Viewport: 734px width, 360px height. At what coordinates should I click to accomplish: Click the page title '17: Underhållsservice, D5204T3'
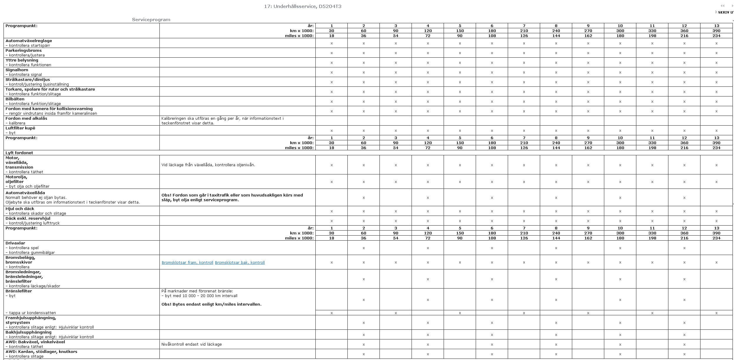(302, 6)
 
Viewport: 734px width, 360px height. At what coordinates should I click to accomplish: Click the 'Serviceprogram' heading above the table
(151, 20)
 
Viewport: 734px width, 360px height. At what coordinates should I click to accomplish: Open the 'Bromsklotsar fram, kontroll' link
(187, 262)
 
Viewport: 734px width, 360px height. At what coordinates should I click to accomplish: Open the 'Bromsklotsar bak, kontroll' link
(240, 262)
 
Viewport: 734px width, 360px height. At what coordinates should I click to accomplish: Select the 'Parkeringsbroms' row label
(24, 50)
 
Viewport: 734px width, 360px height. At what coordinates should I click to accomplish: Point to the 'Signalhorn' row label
(17, 70)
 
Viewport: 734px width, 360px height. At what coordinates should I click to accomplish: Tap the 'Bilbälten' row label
(15, 99)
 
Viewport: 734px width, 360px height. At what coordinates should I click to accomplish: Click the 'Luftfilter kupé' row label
(20, 128)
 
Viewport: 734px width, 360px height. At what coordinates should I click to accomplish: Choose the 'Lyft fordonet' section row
(19, 153)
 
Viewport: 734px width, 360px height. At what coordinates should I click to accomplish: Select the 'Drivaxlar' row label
(15, 243)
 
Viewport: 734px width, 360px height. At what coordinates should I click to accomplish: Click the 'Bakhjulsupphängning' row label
(29, 332)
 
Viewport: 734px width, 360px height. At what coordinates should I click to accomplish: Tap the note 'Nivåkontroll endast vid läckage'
(192, 344)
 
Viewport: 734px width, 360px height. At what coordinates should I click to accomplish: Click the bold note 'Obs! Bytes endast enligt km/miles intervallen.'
(211, 304)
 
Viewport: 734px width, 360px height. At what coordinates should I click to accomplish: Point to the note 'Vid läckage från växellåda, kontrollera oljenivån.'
(208, 165)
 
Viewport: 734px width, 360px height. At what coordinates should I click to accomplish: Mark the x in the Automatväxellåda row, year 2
(364, 198)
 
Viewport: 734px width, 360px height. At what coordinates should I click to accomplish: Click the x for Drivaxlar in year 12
(684, 248)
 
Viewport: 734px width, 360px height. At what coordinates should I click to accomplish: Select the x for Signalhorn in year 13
(716, 72)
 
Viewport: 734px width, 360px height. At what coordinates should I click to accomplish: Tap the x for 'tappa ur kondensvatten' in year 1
(332, 313)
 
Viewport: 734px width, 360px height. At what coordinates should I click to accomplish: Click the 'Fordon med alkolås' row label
(26, 118)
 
